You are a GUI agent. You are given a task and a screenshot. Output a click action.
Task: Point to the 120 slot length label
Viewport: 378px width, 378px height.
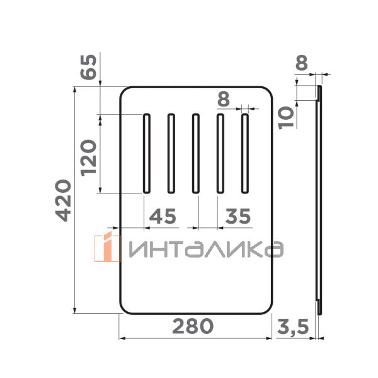coord(88,157)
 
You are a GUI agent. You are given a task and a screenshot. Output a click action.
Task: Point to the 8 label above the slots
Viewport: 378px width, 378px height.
coord(223,100)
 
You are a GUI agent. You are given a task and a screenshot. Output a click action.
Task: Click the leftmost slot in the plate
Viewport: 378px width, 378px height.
coord(146,153)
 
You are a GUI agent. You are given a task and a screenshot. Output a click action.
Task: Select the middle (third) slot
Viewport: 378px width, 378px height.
coord(195,153)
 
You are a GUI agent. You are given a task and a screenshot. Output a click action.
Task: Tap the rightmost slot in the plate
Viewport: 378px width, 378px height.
coord(245,153)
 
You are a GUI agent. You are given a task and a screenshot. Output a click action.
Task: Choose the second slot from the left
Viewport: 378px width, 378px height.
coord(171,153)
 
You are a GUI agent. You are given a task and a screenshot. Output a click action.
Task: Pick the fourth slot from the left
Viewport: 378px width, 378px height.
coord(220,153)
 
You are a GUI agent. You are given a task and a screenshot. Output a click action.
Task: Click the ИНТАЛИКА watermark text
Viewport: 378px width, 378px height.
coord(204,249)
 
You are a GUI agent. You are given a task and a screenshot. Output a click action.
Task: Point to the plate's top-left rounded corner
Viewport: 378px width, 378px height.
coord(125,92)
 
